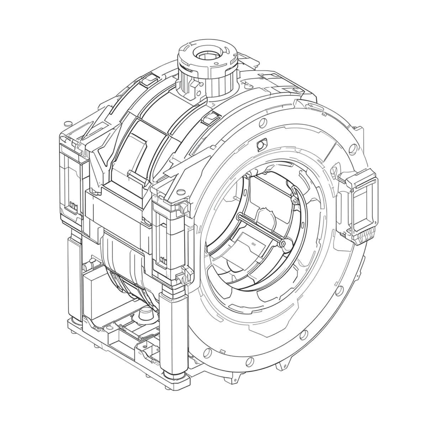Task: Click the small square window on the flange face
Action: tap(260, 144)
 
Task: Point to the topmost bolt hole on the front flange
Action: tap(263, 122)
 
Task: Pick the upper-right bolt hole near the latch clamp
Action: tap(352, 148)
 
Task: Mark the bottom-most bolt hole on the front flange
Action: tap(250, 362)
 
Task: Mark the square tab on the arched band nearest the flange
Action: tap(211, 117)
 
